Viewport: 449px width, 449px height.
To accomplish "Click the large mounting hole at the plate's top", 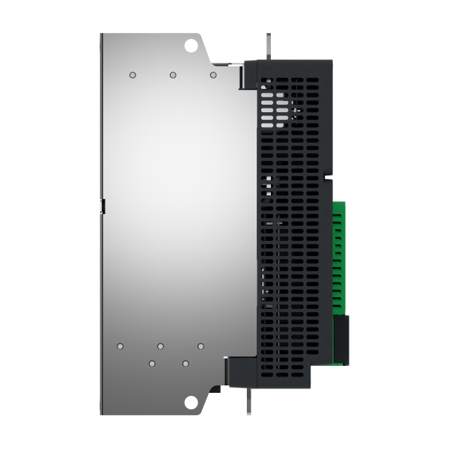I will [x=191, y=45].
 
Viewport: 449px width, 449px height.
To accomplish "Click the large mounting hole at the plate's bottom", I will [x=191, y=403].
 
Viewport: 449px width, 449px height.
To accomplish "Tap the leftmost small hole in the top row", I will [x=132, y=75].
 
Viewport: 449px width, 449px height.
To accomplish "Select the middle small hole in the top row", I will [x=173, y=75].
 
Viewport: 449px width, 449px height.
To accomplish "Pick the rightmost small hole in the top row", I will [x=213, y=75].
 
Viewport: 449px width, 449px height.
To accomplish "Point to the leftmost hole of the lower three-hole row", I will [x=120, y=346].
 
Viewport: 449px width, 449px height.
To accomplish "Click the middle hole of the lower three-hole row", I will [x=161, y=346].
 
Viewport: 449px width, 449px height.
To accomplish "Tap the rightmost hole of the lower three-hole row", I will [x=201, y=346].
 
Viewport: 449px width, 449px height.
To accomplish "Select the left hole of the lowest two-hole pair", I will [x=152, y=363].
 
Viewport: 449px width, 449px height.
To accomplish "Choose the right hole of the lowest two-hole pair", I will [x=185, y=363].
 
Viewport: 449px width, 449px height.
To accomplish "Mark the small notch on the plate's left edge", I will [x=103, y=206].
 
